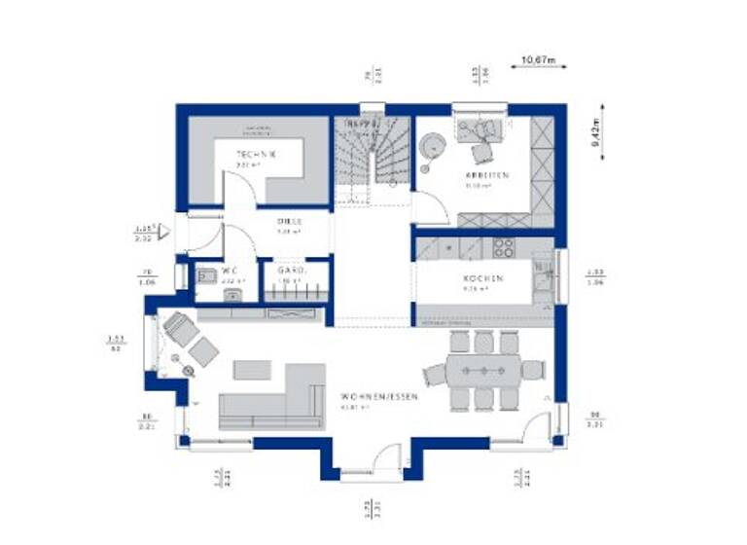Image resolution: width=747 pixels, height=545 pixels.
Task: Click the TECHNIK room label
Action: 257,155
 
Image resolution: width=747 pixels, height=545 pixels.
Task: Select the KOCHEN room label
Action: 482,278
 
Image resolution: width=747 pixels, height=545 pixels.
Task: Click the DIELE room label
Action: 285,222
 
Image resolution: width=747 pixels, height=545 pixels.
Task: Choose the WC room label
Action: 230,270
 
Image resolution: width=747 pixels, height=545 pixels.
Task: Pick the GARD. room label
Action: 292,270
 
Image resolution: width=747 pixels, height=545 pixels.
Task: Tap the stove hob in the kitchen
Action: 503,248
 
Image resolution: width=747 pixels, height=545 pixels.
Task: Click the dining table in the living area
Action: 483,371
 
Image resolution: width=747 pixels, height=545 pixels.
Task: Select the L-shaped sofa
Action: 276,399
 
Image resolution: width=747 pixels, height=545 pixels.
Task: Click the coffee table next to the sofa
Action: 252,370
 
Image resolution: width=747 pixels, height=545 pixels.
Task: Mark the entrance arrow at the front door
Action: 164,232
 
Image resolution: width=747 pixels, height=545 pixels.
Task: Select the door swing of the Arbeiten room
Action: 425,207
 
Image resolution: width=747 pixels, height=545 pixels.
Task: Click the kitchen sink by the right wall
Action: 543,277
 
